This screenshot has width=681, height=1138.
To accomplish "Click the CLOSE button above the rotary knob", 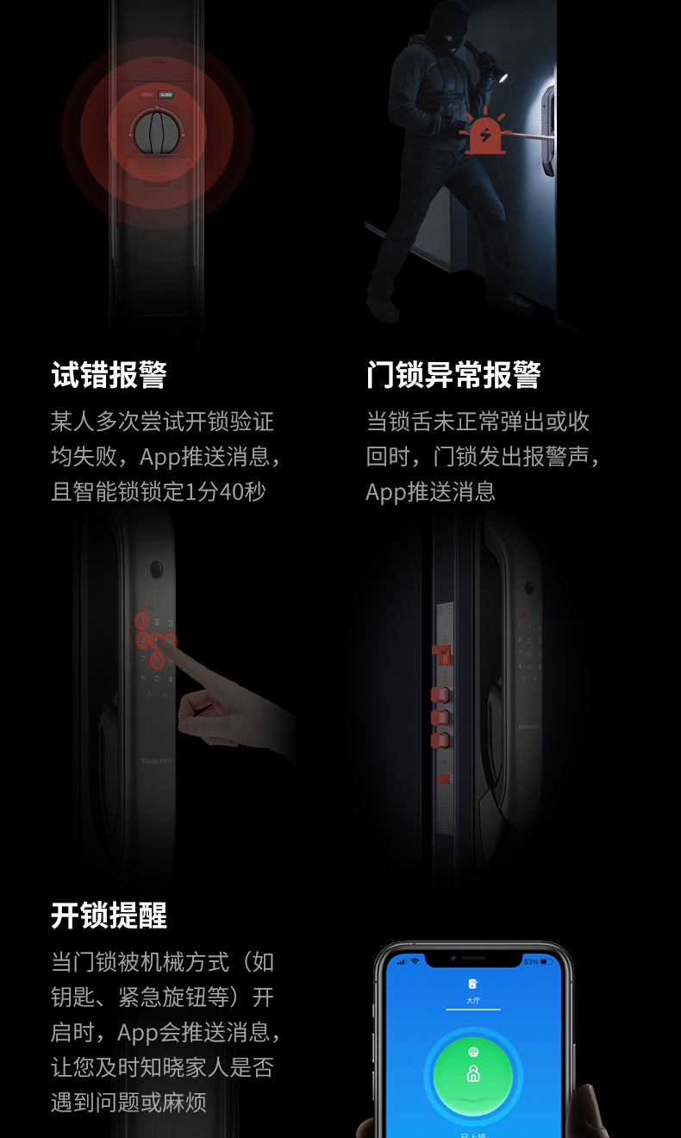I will [166, 94].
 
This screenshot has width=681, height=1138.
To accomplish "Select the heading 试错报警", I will [109, 375].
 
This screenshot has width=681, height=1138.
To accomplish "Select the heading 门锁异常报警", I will [453, 375].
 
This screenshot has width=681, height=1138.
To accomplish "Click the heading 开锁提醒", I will [109, 915].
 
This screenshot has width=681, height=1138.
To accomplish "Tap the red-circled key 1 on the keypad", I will [142, 621].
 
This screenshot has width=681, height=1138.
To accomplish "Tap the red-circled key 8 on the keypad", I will [157, 660].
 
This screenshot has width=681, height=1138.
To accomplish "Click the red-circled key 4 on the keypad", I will [142, 641].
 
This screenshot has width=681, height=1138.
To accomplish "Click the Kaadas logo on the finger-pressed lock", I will [157, 762].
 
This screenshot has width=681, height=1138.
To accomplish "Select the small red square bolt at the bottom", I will [443, 779].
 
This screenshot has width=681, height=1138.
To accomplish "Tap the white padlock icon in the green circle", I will [472, 1074].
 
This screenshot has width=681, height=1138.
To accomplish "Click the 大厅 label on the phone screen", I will [472, 1001].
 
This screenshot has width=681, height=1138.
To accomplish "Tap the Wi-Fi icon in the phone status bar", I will [415, 961].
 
